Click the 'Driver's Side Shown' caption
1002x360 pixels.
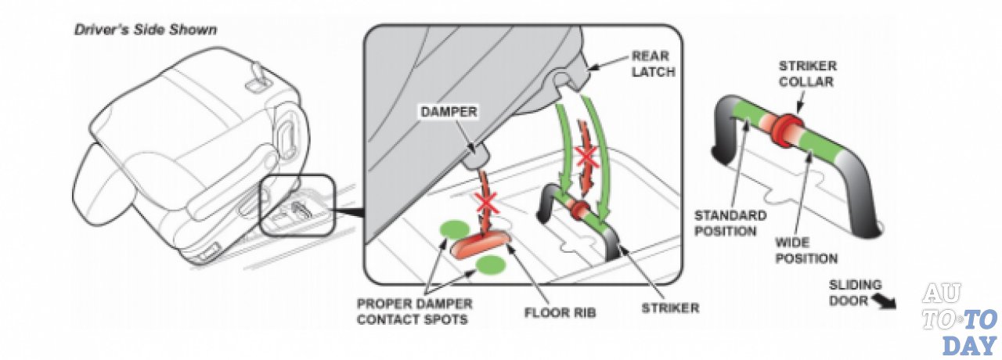145,31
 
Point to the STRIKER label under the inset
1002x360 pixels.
670,308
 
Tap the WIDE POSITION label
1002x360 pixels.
806,250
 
